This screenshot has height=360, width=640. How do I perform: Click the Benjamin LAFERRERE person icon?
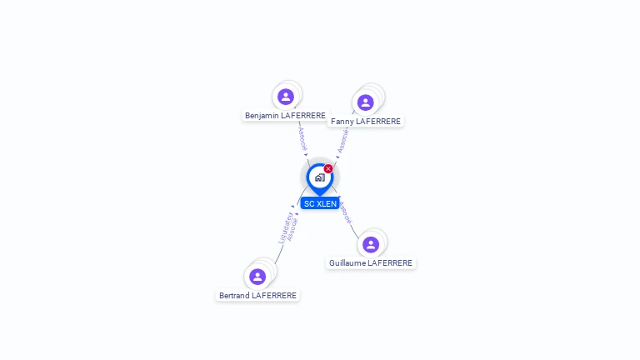coord(286,97)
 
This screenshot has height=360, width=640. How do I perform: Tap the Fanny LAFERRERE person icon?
coord(365,102)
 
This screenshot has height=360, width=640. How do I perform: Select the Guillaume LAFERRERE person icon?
coord(371,244)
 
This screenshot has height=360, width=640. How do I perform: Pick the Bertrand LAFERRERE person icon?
coord(257,277)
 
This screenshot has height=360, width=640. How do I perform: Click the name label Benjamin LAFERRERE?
coord(285,115)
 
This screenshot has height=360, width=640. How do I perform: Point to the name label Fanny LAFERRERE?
coord(366,122)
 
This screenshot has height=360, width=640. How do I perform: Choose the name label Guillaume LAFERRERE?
coord(371,263)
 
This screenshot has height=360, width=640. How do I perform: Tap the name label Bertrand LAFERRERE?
coord(257,296)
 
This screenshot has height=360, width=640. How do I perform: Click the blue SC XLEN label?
coord(320,203)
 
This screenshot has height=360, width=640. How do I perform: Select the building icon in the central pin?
coord(319,177)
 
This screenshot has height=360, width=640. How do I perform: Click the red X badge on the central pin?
coord(328,169)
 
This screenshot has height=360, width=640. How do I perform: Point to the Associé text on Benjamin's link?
coord(302,137)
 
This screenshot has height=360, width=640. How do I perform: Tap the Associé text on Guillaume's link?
coord(346,212)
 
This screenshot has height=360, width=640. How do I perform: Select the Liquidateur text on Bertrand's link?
coord(285,227)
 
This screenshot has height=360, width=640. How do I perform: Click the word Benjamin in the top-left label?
coord(262,115)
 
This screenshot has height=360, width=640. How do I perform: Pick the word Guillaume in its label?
coord(347,263)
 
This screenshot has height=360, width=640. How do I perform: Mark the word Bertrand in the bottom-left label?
coord(234,296)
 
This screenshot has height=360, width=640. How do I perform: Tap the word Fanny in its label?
coord(342,122)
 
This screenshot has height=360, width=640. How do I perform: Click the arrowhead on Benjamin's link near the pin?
coord(306,154)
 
